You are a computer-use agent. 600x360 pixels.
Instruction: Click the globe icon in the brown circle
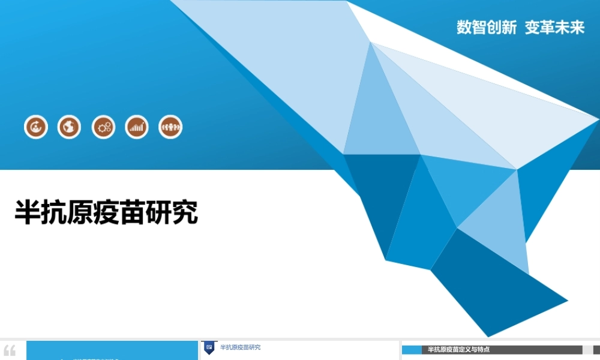69,127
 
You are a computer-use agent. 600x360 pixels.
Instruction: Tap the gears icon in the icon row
103,127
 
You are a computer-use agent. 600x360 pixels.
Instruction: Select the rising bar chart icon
137,127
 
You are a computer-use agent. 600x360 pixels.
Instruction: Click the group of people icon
170,127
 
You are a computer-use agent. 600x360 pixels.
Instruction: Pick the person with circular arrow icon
35,127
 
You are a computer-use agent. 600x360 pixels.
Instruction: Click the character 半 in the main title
28,212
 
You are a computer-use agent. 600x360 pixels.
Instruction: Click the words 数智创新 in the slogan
487,28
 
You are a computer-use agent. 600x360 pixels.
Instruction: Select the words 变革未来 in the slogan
554,28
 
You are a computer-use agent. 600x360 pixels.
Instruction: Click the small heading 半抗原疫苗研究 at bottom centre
240,347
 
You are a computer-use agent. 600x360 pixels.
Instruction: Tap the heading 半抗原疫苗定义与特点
458,349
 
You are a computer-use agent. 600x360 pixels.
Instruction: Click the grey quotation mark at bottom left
10,350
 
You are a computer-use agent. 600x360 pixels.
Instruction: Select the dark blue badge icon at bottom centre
209,347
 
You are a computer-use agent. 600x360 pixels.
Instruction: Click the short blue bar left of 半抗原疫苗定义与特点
411,350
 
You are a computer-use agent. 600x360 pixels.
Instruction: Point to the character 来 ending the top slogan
577,28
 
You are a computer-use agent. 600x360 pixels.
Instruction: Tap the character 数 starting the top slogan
464,28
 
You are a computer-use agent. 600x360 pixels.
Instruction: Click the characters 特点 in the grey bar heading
482,349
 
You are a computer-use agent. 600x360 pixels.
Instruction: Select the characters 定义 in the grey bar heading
464,349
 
